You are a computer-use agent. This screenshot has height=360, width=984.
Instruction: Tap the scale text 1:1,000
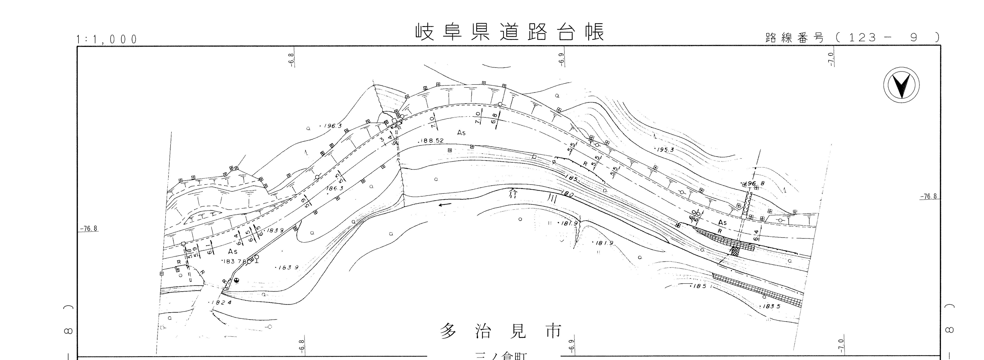point(107,39)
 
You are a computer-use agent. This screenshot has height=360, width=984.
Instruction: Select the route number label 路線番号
point(794,38)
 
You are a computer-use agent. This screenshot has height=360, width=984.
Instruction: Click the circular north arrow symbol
point(902,85)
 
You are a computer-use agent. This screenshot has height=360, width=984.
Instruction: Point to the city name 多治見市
point(501,331)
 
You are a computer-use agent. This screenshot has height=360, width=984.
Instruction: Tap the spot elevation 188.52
point(432,141)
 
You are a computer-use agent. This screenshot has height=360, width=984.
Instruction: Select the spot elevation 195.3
point(665,150)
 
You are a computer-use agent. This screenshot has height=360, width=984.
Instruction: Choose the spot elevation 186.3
point(335,188)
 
